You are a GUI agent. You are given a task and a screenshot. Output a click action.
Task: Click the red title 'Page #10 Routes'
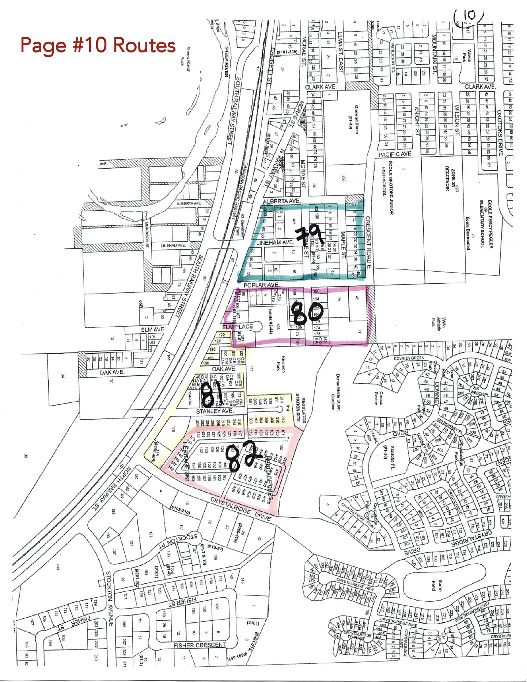click(98, 45)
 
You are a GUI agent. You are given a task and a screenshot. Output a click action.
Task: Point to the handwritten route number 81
click(212, 395)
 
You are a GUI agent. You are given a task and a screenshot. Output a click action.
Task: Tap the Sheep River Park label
click(185, 55)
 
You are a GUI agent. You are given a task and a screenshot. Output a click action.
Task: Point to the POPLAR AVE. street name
click(261, 285)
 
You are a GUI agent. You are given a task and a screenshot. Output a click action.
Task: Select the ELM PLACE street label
click(238, 326)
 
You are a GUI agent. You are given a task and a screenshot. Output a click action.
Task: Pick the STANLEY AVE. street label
click(215, 411)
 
